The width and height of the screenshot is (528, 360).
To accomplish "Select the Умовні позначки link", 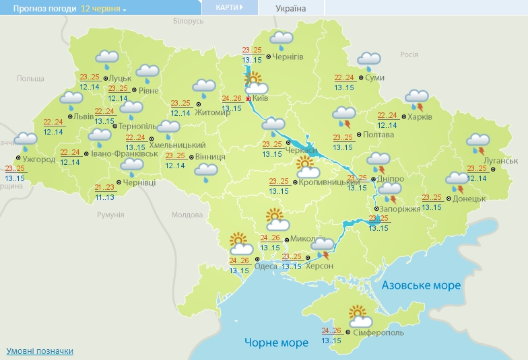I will pos(40,351).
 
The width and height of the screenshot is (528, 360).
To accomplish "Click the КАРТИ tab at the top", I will pos(230,7).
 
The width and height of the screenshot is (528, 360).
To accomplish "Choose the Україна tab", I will pos(291,8).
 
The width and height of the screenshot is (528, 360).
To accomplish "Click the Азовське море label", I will pos(422,285).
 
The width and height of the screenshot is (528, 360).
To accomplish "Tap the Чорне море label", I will pos(276,343).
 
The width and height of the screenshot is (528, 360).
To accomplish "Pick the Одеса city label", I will pos(247,266).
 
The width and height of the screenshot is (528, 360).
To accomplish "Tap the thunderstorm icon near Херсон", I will pos(322,247).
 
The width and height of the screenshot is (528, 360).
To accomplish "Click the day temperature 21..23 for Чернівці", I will pos(104,188).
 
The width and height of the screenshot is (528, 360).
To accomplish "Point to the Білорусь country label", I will pos(188,22).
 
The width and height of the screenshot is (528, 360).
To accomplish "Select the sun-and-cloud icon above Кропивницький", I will pos(307,166).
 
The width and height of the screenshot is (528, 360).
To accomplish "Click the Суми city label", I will pos(375,78).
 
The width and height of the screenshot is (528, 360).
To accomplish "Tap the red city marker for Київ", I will pos(248,99).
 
